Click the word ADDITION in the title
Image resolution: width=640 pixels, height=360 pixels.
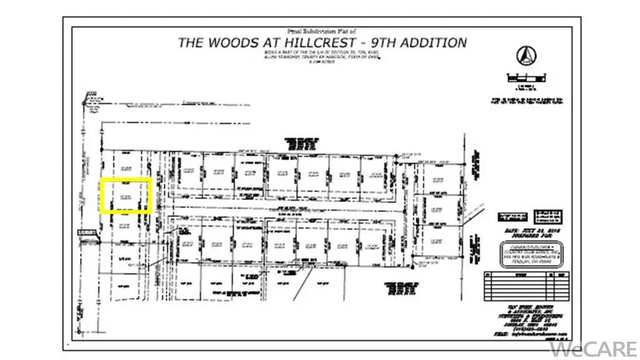(x=437, y=43)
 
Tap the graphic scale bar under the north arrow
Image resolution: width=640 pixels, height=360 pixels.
(x=529, y=77)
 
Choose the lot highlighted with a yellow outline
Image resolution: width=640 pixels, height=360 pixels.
(x=126, y=196)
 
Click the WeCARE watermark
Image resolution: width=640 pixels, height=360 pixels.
(x=601, y=346)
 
